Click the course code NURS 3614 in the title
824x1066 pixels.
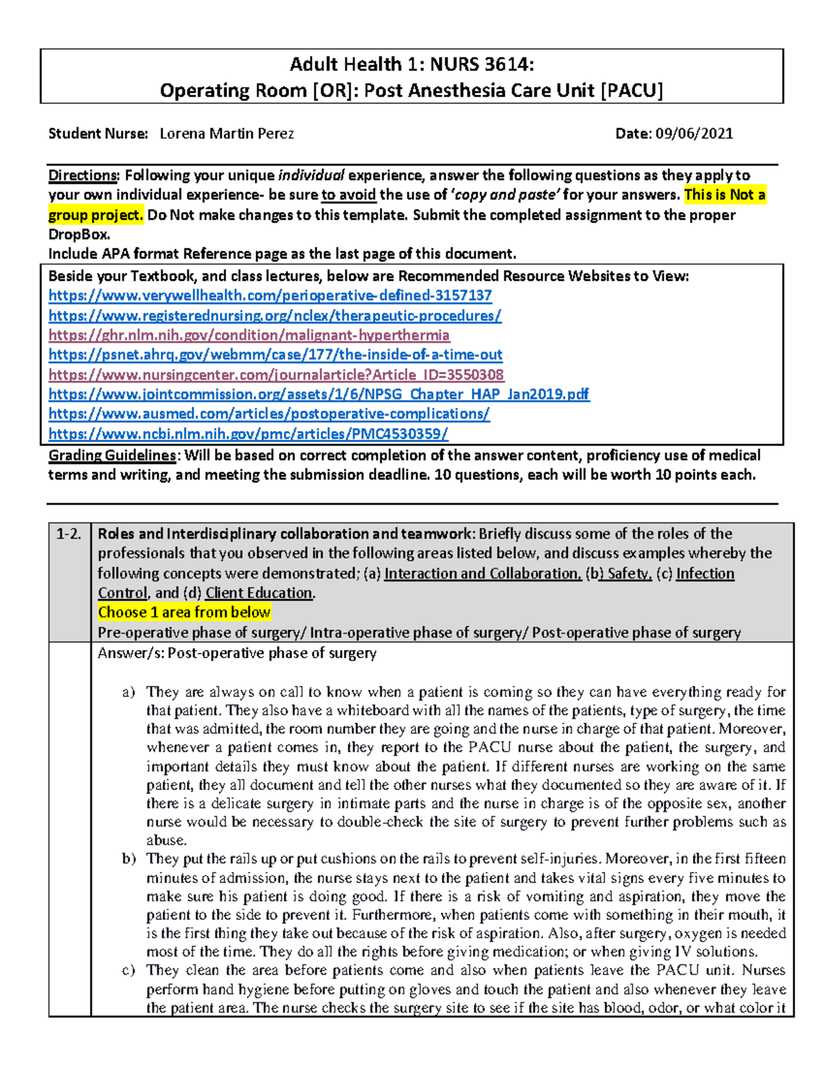pyautogui.click(x=481, y=65)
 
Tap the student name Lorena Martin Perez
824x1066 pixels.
pyautogui.click(x=227, y=134)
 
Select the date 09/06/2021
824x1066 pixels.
pyautogui.click(x=694, y=134)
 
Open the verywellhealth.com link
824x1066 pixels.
pyautogui.click(x=270, y=296)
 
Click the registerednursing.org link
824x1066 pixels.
pyautogui.click(x=275, y=316)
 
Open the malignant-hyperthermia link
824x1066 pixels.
pyautogui.click(x=249, y=336)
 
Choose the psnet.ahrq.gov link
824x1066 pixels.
pyautogui.click(x=275, y=355)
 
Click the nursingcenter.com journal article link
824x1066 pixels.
pyautogui.click(x=276, y=375)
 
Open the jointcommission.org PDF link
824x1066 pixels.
pyautogui.click(x=319, y=395)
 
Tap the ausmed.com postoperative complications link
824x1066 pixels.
pyautogui.click(x=269, y=414)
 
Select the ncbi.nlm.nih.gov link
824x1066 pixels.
pyautogui.click(x=248, y=434)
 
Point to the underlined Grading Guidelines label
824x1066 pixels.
pyautogui.click(x=113, y=456)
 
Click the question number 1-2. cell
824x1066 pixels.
pyautogui.click(x=69, y=535)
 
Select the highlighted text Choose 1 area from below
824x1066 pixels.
pyautogui.click(x=184, y=612)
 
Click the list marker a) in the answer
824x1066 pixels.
pyautogui.click(x=128, y=692)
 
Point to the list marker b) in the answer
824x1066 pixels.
pyautogui.click(x=128, y=859)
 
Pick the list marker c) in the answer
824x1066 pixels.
pyautogui.click(x=128, y=971)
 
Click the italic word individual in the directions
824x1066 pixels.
pyautogui.click(x=311, y=176)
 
